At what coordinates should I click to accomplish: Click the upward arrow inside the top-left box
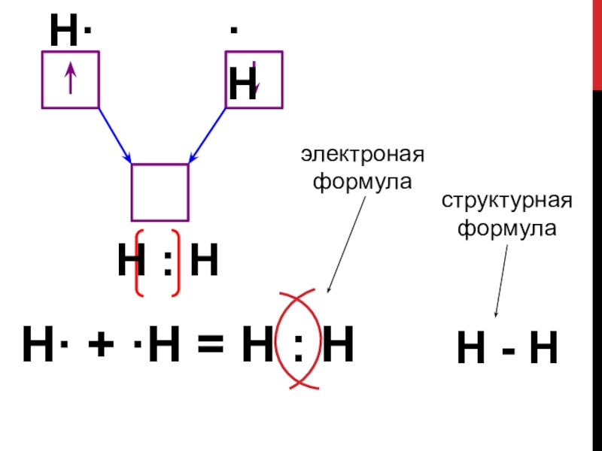point(70,78)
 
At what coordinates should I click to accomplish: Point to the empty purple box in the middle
point(160,192)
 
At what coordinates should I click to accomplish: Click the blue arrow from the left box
point(115,135)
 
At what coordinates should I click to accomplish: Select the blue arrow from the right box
point(207,135)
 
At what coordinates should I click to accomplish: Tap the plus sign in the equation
point(95,347)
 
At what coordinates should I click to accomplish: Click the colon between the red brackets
point(167,262)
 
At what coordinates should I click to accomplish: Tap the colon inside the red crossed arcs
point(299,347)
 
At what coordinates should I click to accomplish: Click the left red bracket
point(138,262)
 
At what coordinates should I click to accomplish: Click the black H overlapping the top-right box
point(242,84)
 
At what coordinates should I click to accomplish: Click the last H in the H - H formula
point(543,350)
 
